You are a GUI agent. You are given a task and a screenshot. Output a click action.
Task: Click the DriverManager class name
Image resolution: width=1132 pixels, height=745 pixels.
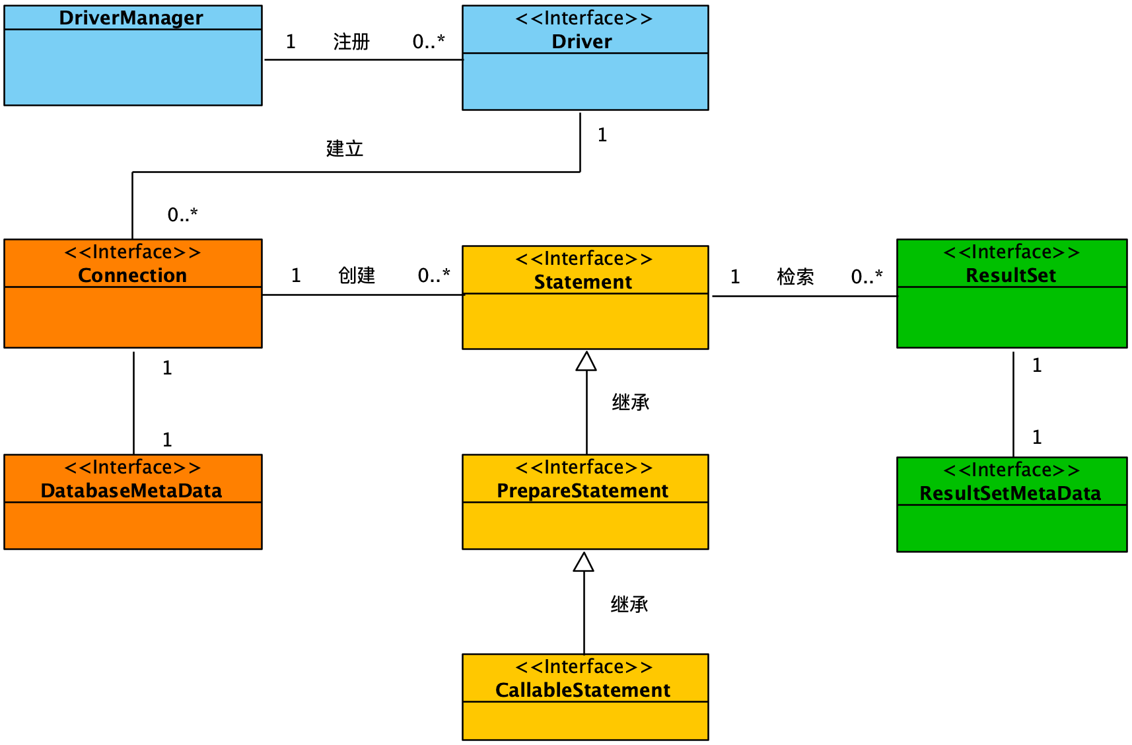[x=131, y=18]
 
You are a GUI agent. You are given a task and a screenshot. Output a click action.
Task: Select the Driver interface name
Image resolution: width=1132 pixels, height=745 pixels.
[x=582, y=42]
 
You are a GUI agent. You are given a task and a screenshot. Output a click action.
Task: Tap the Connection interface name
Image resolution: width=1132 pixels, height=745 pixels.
[x=132, y=275]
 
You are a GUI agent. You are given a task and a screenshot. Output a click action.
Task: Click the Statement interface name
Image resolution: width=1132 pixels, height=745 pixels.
[x=583, y=282]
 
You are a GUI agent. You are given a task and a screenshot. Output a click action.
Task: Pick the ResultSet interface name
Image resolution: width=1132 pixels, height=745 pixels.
[x=1010, y=275]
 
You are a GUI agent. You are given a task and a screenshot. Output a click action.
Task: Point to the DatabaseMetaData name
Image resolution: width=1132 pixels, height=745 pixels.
[x=131, y=491]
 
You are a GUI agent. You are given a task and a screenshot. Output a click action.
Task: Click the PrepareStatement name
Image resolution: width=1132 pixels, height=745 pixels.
[x=583, y=491]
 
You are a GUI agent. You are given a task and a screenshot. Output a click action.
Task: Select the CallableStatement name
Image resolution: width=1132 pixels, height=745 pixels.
[x=583, y=690]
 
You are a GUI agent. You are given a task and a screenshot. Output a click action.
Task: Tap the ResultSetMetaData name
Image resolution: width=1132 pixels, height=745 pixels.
[x=1010, y=493]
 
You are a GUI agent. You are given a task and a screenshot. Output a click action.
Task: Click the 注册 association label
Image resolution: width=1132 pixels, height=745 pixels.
[x=351, y=42]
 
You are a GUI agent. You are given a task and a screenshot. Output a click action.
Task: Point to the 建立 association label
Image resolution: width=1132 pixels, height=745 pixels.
[x=345, y=149]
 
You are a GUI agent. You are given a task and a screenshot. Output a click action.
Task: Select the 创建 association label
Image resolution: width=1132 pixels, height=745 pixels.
[x=357, y=275]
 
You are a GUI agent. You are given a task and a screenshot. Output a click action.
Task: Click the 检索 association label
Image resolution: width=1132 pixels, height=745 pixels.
[x=795, y=277]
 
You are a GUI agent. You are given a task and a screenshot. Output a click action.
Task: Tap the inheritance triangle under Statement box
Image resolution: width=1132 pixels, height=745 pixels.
[x=586, y=362]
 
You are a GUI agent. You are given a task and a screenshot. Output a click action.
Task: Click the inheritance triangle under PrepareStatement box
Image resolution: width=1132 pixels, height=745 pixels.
[x=583, y=563]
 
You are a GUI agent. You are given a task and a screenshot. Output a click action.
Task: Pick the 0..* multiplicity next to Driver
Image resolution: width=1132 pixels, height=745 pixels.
[x=429, y=42]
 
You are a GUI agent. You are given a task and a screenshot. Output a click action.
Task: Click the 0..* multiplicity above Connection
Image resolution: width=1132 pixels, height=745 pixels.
[x=182, y=215]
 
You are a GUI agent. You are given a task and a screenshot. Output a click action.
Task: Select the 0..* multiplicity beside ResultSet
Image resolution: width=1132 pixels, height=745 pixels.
[x=867, y=277]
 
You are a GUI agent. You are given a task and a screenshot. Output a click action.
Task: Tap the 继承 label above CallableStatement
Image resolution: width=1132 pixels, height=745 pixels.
[x=629, y=604]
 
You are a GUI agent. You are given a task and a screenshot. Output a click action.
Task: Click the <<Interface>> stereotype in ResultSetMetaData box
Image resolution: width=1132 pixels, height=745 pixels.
[x=1011, y=470]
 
